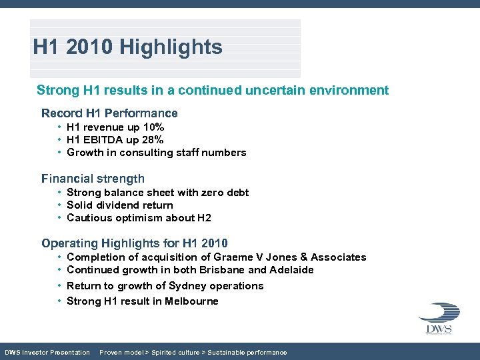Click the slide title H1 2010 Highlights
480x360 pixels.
point(128,47)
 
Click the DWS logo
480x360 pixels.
point(439,319)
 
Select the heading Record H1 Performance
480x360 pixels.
point(109,113)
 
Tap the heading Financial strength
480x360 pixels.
point(93,179)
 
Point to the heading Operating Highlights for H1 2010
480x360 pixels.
point(135,243)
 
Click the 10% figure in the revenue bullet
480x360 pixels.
point(152,127)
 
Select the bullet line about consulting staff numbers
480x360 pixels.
point(157,153)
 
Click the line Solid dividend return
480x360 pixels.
point(120,205)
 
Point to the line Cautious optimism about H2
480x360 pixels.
point(139,218)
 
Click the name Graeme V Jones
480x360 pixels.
point(253,257)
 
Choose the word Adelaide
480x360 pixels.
point(291,270)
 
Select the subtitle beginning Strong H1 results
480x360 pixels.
point(213,90)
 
